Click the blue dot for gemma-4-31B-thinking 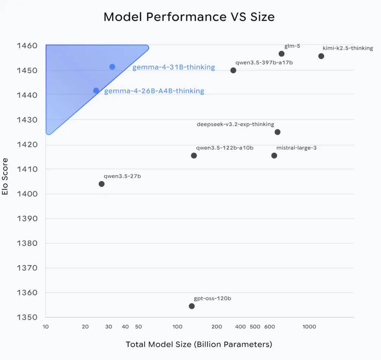112,67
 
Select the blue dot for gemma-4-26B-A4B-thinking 96,91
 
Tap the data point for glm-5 282,54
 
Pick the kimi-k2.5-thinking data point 321,56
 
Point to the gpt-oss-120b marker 192,306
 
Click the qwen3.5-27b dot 102,184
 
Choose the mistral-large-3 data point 274,155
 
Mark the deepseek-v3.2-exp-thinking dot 278,132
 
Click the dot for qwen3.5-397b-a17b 233,70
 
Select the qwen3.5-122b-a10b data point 194,155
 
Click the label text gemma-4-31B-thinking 174,67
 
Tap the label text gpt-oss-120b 212,299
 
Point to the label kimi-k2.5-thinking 347,48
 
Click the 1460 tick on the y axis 27,46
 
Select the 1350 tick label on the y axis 27,317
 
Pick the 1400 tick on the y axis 27,194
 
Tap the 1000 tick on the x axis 309,327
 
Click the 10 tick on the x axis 46,327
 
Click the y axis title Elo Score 5,176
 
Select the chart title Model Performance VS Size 189,17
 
